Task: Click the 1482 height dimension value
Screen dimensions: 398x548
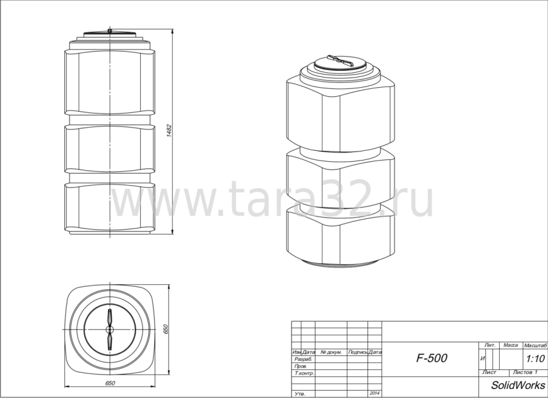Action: point(170,132)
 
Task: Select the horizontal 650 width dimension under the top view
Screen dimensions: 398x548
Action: point(110,382)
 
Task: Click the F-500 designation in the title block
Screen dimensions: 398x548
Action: point(432,358)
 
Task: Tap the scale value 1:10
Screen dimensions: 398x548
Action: point(535,358)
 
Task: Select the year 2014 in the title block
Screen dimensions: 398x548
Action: point(375,393)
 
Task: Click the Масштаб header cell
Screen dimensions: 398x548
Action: point(535,346)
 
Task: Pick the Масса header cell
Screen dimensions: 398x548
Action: point(511,346)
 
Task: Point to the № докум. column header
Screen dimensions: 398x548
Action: point(331,352)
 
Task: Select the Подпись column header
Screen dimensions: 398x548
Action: point(357,352)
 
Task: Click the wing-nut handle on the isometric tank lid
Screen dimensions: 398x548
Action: point(341,61)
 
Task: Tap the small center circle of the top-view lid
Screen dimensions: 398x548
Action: point(110,329)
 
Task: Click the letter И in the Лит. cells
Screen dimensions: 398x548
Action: point(484,358)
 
